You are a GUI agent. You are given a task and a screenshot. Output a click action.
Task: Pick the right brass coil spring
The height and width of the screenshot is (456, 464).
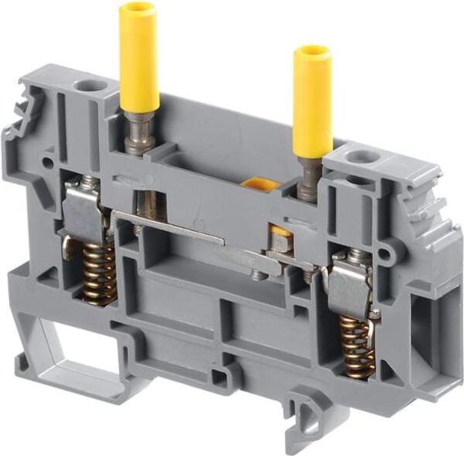pyautogui.click(x=356, y=346)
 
